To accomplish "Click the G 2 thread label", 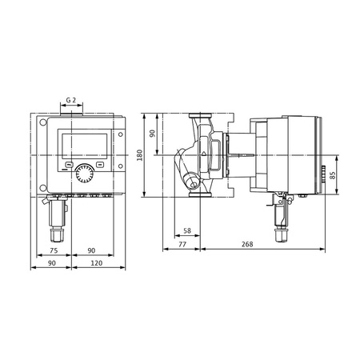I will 71,101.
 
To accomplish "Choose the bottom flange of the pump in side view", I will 197,192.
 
